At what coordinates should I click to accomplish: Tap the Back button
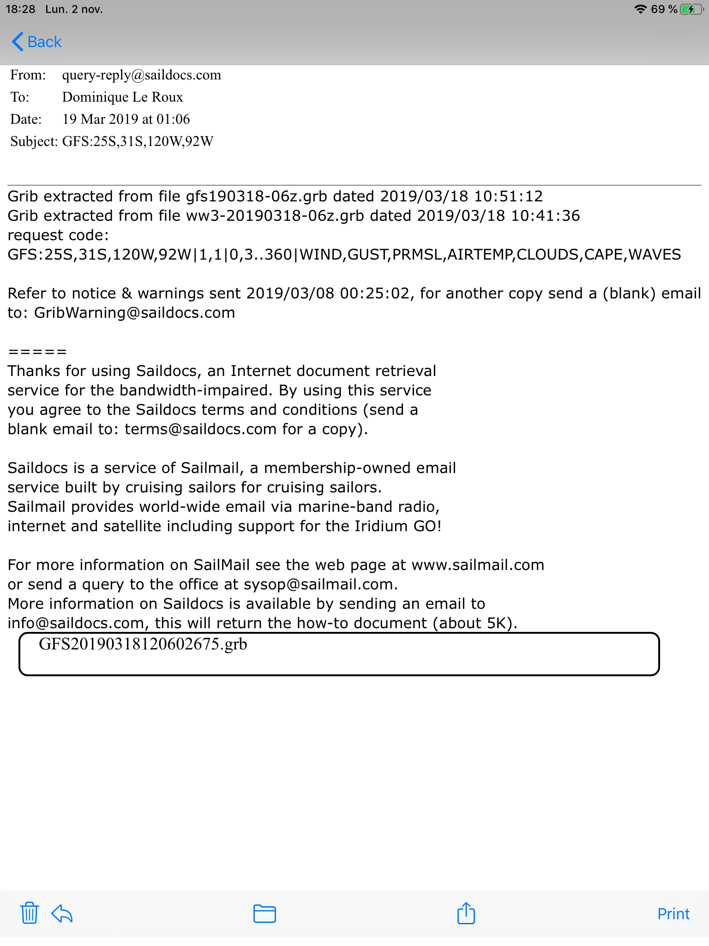coord(37,42)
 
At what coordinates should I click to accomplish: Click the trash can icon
coord(29,913)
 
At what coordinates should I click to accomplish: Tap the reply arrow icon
coord(62,913)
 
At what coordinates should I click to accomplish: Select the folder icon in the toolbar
coord(264,913)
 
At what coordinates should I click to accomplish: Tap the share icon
coord(466,913)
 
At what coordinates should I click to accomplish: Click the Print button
coord(673,914)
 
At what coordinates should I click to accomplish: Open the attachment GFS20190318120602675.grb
coord(143,644)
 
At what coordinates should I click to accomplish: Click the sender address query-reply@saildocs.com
coord(141,75)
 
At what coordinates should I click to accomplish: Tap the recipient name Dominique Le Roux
coord(122,97)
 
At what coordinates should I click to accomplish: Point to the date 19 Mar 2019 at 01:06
coord(126,120)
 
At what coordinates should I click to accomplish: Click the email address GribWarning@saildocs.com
coord(135,313)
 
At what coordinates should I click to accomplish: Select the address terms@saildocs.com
coord(200,430)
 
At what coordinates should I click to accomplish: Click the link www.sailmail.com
coord(477,565)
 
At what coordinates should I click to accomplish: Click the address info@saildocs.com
coord(76,624)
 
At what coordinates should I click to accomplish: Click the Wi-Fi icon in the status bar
coord(640,9)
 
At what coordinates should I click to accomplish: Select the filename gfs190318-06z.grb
coord(256,197)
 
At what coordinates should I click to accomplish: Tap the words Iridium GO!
coord(397,527)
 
